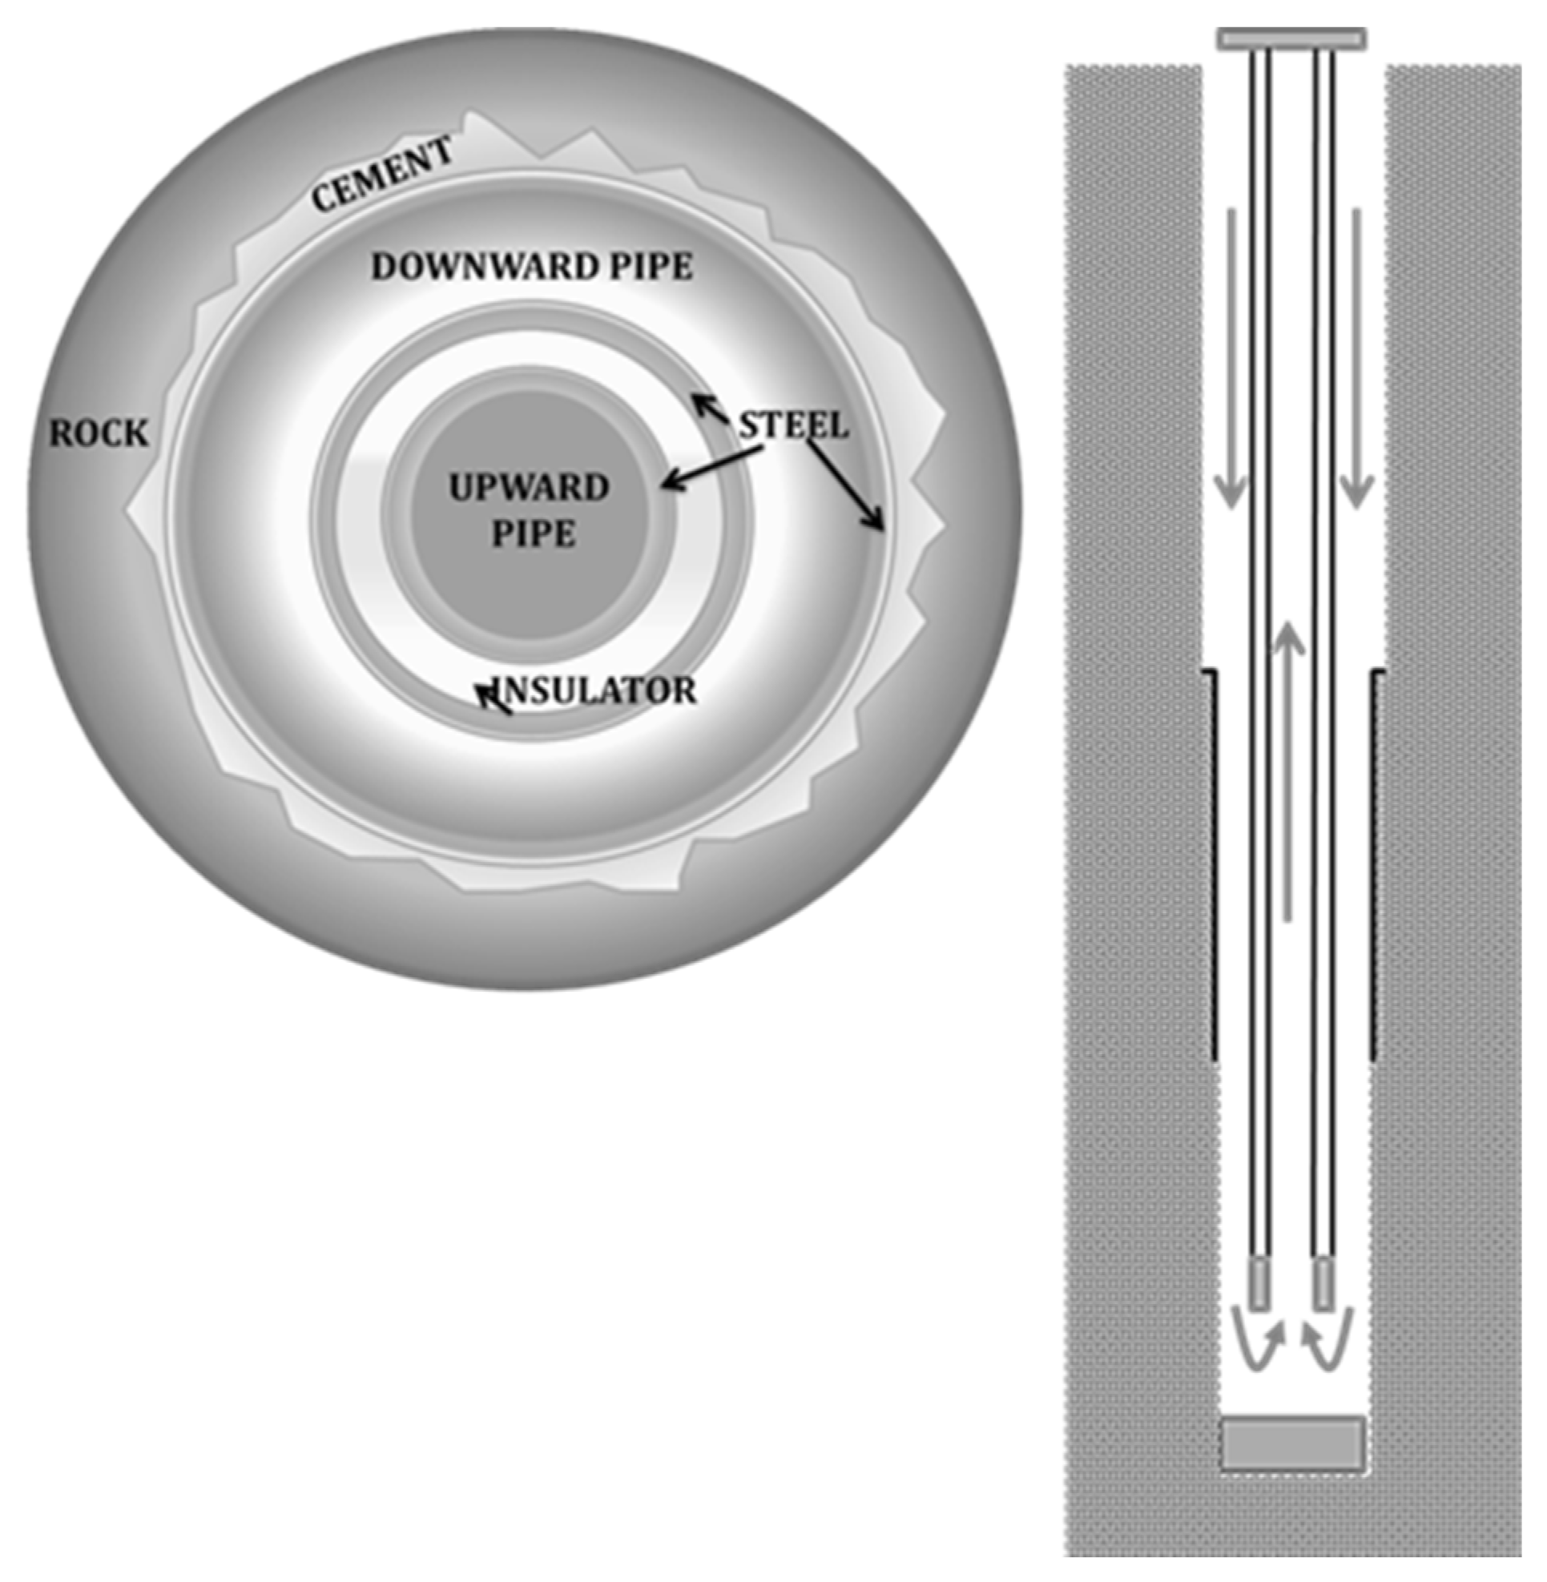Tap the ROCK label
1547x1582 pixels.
(x=99, y=434)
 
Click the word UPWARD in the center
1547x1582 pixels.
(x=529, y=488)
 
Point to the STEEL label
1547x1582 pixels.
(x=793, y=426)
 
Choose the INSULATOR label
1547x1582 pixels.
(x=597, y=690)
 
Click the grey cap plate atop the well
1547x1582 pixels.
(x=1291, y=38)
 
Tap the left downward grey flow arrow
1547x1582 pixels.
(x=1231, y=357)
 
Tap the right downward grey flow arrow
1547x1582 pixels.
(x=1356, y=357)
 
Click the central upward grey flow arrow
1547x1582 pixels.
(x=1287, y=772)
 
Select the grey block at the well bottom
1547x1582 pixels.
(x=1292, y=1443)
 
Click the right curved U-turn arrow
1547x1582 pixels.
(x=1329, y=1349)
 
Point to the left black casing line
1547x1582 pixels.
(x=1214, y=861)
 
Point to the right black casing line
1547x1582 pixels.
(x=1373, y=861)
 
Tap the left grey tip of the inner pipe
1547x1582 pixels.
(x=1259, y=1284)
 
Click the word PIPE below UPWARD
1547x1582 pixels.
(x=533, y=534)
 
